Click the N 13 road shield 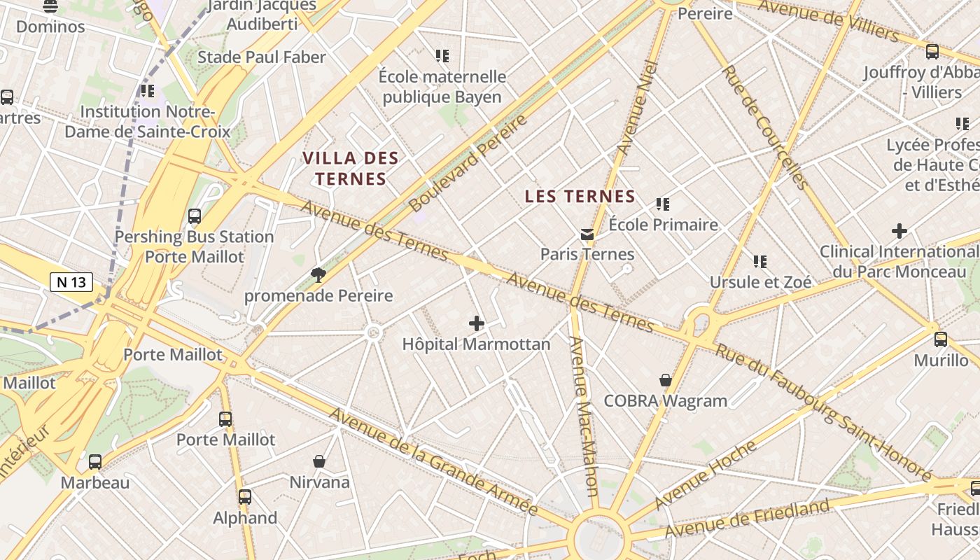pos(71,282)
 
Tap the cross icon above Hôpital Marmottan pos(477,323)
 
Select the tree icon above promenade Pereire pos(318,274)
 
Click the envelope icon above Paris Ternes pos(587,234)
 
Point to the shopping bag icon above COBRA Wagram pos(666,380)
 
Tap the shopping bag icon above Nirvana pos(319,461)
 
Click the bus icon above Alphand pos(245,497)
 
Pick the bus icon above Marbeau pos(94,462)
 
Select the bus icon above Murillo pos(941,339)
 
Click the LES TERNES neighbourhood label pos(580,197)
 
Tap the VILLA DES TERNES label pos(350,168)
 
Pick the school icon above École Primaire pos(662,204)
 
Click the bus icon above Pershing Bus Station pos(195,216)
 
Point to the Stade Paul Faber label pos(262,57)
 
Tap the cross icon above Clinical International pos(899,230)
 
